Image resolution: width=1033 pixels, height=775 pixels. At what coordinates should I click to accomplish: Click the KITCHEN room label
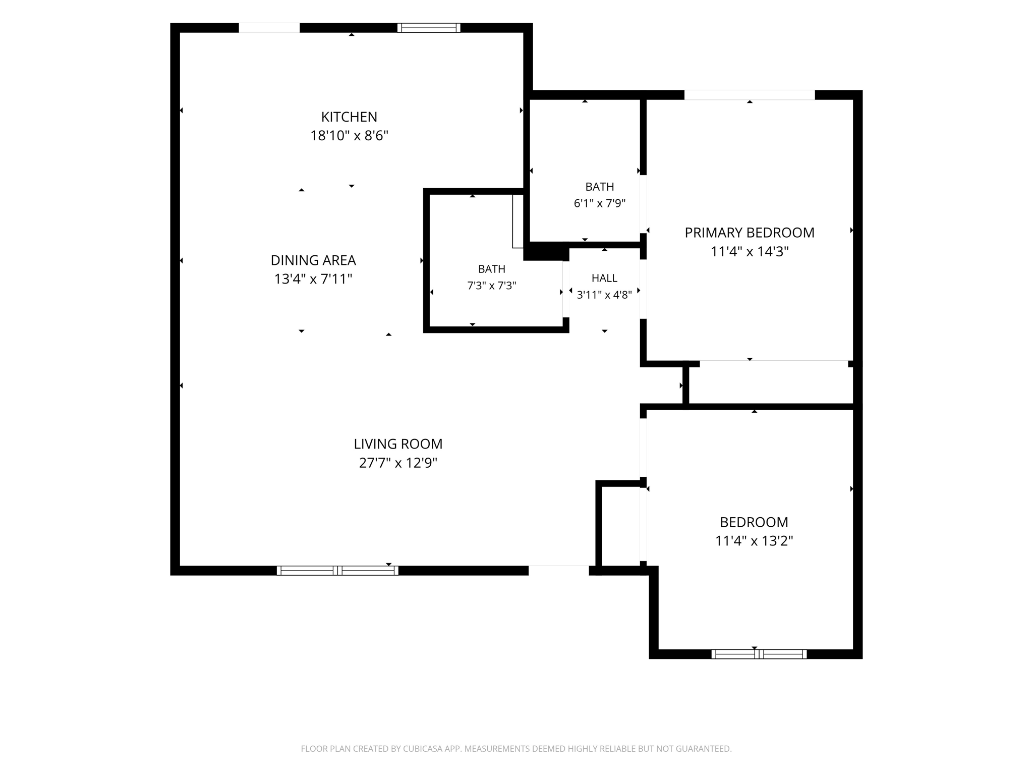coord(349,117)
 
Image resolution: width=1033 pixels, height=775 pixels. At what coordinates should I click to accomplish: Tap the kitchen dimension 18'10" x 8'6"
coord(349,136)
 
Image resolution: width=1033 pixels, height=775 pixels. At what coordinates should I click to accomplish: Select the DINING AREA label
coord(313,260)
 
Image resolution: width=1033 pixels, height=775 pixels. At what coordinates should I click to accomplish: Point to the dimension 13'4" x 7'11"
coord(313,279)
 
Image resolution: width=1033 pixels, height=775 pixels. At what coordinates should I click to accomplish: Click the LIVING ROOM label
coord(398,444)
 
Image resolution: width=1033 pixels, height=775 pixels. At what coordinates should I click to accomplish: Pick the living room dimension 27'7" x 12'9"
coord(398,463)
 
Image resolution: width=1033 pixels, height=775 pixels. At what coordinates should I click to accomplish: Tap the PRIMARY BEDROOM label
coord(750,233)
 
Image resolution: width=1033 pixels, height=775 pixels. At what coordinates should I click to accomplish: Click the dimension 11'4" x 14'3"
coord(750,251)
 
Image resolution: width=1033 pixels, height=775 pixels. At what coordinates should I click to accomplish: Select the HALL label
coord(604,278)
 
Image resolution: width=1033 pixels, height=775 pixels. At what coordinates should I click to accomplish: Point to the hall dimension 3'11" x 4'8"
coord(604,295)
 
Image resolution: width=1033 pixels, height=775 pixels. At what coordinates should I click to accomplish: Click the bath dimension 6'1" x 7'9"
coord(600,203)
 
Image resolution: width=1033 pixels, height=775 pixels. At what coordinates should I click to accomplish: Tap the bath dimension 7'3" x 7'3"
coord(492,286)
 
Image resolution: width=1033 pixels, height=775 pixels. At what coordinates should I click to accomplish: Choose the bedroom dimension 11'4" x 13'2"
coord(754,541)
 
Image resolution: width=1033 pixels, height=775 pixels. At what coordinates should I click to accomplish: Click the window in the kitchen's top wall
coord(429,28)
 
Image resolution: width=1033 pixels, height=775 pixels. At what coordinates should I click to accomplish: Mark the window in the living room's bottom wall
coord(337,571)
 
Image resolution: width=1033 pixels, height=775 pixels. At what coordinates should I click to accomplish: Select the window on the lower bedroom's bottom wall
coord(759,654)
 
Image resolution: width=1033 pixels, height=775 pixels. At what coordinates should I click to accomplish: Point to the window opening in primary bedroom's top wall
coord(750,95)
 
